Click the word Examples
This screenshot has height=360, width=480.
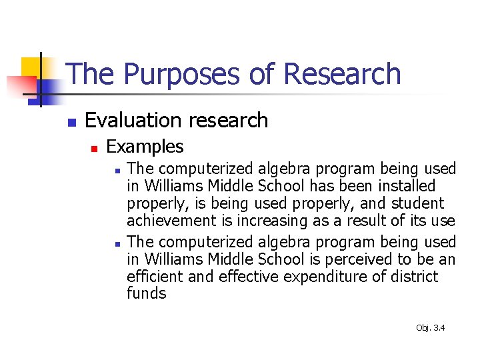tap(145, 147)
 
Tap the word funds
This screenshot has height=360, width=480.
tap(146, 293)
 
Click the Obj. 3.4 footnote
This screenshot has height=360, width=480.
tap(430, 327)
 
